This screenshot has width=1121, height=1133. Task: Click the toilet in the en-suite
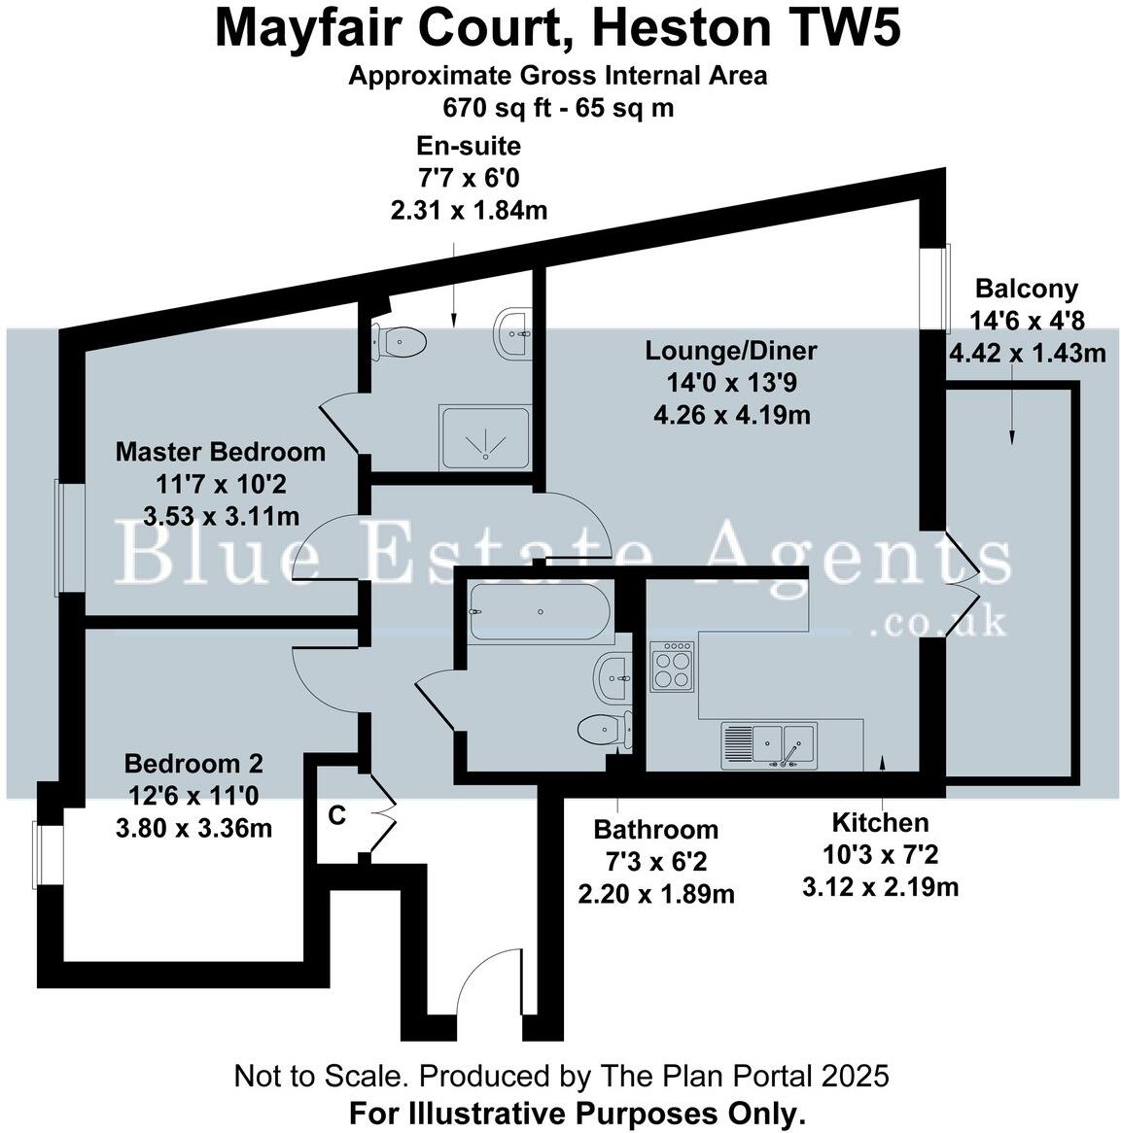click(400, 341)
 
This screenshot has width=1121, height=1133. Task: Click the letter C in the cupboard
click(336, 816)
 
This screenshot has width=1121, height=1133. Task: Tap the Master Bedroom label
click(221, 452)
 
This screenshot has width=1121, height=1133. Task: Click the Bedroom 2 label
click(193, 764)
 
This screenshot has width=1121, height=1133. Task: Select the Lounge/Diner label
click(731, 351)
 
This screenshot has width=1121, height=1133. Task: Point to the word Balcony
click(1027, 289)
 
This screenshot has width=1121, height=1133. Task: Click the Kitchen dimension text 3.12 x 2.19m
click(880, 886)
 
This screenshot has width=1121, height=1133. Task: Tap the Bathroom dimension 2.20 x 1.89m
click(655, 893)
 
